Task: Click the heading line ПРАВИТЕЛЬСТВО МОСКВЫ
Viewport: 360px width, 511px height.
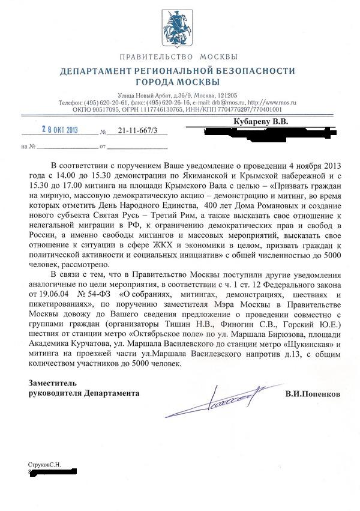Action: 179,58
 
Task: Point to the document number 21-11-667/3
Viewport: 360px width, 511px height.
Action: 134,131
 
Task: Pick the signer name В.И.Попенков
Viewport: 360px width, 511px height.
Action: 312,395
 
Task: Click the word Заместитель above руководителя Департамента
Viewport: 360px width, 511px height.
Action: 54,383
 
